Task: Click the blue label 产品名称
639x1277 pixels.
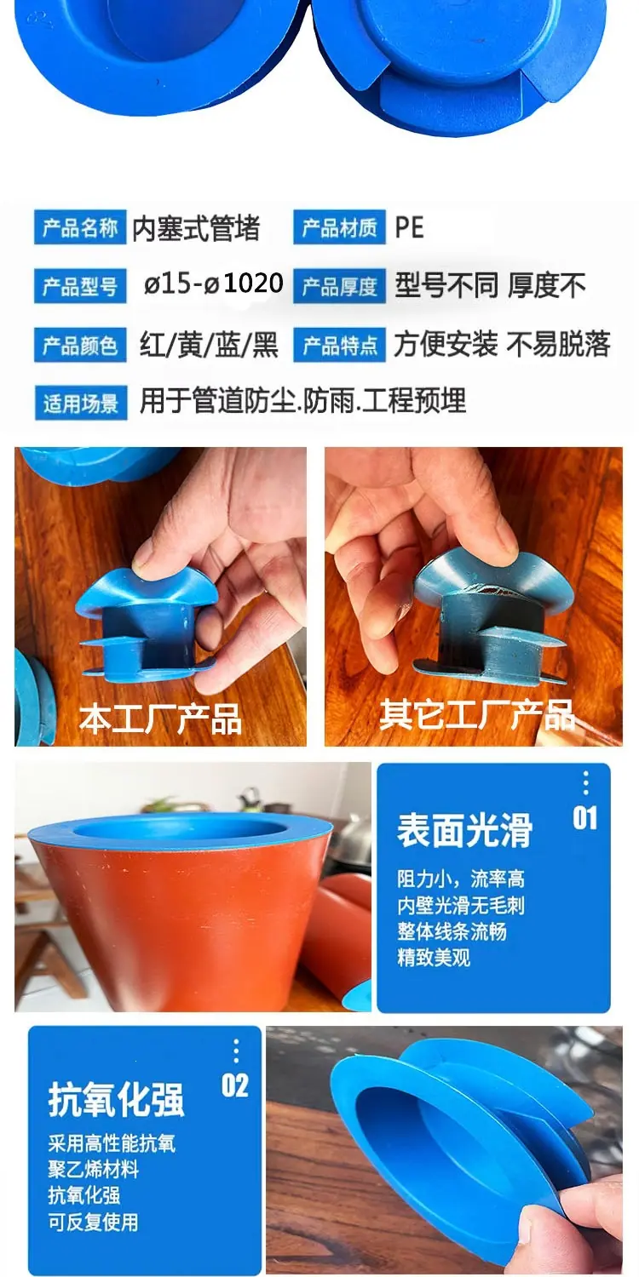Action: click(x=80, y=227)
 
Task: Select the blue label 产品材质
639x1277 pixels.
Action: click(x=339, y=227)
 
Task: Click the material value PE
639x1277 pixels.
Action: click(x=410, y=227)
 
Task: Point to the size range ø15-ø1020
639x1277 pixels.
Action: click(x=213, y=283)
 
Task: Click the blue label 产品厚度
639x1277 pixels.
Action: click(x=339, y=285)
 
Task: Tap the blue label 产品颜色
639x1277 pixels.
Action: click(x=80, y=345)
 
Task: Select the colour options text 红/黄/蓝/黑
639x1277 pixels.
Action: click(x=210, y=345)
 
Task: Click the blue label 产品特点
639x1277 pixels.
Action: click(x=339, y=345)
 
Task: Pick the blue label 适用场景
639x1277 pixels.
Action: click(x=80, y=403)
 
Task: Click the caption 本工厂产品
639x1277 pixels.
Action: click(x=160, y=719)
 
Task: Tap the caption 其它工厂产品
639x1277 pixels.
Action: click(x=477, y=714)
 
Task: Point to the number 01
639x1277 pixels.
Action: click(x=584, y=818)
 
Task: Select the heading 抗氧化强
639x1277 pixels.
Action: click(x=117, y=1100)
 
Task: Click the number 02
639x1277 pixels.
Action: click(x=235, y=1086)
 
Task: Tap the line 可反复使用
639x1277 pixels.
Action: click(x=93, y=1222)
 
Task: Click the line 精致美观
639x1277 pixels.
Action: click(x=434, y=957)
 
